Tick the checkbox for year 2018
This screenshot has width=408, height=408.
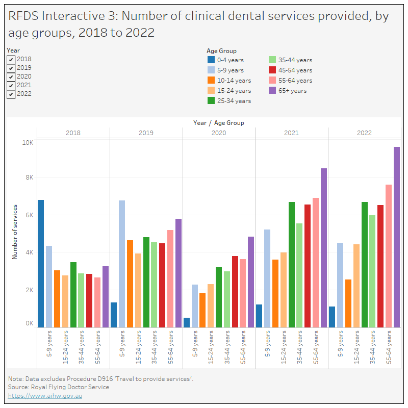click(11, 59)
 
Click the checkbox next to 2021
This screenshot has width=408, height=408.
click(11, 85)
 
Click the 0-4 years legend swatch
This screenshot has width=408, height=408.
click(211, 60)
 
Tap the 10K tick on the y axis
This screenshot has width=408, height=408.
click(27, 143)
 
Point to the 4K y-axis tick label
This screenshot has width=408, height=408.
click(29, 252)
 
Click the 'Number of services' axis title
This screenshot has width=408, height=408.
click(15, 232)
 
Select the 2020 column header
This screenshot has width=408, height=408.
click(219, 133)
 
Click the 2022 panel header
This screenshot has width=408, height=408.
click(364, 133)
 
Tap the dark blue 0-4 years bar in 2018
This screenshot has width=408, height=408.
click(41, 263)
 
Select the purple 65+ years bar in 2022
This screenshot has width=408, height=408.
click(396, 237)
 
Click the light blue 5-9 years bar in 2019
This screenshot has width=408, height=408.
click(122, 263)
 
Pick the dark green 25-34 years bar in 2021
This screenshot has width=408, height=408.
click(292, 264)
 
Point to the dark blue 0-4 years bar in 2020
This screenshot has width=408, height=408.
click(187, 322)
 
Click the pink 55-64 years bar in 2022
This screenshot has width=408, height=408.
click(388, 255)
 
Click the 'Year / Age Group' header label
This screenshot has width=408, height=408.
click(218, 123)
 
